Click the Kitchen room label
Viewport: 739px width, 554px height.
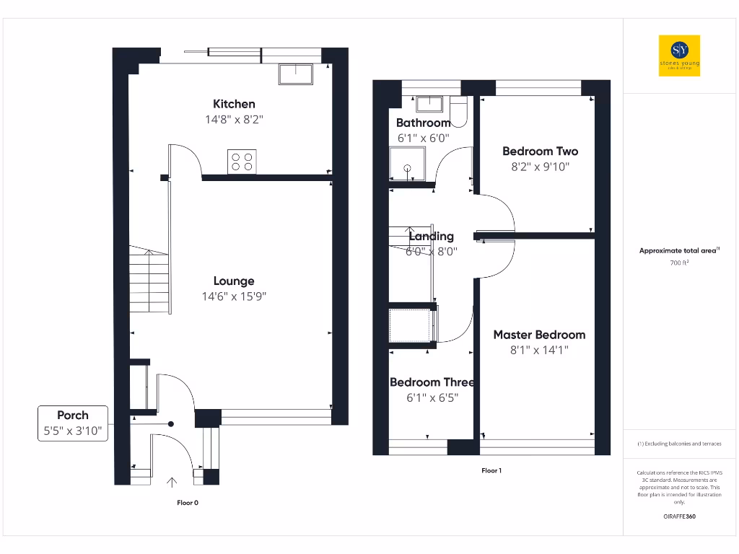[x=234, y=104]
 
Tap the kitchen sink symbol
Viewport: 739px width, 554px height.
[x=296, y=74]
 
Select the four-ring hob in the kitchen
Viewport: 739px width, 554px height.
[x=242, y=162]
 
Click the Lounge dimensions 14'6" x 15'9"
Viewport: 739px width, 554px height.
[x=234, y=296]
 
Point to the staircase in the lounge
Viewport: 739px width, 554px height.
[x=149, y=280]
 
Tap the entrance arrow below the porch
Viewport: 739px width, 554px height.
[x=172, y=482]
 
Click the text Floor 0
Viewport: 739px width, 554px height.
[x=188, y=503]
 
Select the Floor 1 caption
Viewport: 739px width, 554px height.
[x=491, y=470]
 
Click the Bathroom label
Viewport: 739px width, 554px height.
[x=423, y=123]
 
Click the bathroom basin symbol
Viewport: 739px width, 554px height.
[x=431, y=105]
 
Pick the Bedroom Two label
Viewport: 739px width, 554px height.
[x=540, y=151]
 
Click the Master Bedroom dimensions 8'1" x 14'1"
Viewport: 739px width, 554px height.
[x=539, y=351]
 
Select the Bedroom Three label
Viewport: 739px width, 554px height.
[x=432, y=382]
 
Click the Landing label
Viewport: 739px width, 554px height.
[x=431, y=236]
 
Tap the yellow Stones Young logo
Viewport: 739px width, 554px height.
[x=679, y=55]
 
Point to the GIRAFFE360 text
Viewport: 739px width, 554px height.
[x=678, y=516]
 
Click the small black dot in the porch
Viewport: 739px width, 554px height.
[x=171, y=424]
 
